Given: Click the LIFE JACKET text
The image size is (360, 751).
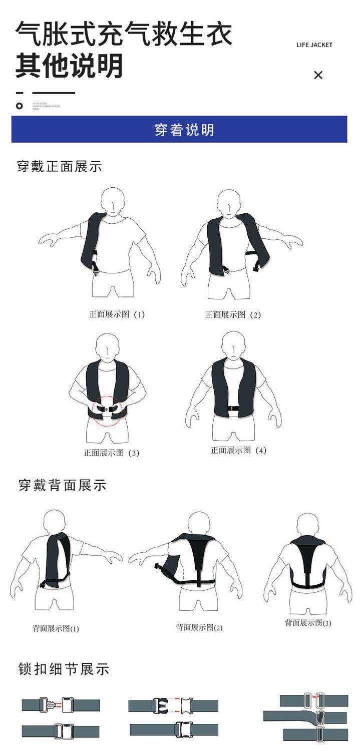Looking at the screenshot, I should [x=314, y=45].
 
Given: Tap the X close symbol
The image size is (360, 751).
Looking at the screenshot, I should [x=318, y=75].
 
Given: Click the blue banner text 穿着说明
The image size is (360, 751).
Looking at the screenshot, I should [x=185, y=130].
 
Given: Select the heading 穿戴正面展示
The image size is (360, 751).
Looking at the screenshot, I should [x=60, y=167].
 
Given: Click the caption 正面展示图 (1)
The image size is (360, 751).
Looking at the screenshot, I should [x=117, y=314].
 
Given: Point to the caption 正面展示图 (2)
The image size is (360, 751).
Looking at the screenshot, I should [x=233, y=314].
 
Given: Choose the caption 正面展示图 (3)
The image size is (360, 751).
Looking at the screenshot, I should [x=111, y=453].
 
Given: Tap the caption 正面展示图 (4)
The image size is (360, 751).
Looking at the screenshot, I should [x=238, y=450].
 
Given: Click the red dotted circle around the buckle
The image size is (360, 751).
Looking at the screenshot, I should [x=107, y=411].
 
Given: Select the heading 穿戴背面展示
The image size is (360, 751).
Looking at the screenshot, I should [x=63, y=485].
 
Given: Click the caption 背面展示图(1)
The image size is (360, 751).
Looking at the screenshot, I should [x=56, y=628].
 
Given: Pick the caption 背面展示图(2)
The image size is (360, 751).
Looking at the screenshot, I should [x=199, y=627].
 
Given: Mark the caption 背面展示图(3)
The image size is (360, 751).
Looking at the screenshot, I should [x=308, y=623].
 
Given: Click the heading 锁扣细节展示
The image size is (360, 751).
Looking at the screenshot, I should [x=64, y=669].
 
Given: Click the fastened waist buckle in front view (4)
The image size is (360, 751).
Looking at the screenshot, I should [x=233, y=409].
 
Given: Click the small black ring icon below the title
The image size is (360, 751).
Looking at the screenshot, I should [x=20, y=106].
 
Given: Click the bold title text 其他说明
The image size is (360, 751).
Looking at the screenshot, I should [x=69, y=66].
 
